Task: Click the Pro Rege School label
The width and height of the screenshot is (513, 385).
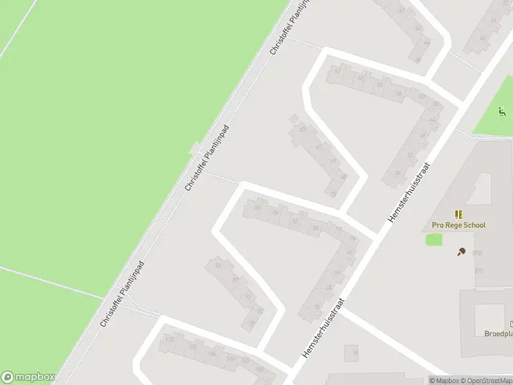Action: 458,225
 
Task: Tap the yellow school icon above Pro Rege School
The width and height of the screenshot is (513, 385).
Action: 458,214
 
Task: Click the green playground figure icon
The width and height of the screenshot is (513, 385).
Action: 502,112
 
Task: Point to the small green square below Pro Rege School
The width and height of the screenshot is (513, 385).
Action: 434,239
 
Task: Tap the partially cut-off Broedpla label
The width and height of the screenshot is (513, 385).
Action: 498,334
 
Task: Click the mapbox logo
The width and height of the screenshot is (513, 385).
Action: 28,377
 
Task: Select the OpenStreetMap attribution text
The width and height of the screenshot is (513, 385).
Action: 487,381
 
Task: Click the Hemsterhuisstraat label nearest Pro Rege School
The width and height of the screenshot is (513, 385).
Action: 408,193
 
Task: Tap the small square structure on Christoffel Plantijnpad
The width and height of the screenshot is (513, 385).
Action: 195,150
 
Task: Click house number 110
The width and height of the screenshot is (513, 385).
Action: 170,339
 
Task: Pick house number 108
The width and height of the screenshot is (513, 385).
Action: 192,347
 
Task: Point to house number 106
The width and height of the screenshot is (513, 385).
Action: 212,354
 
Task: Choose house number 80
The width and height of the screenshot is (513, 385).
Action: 315,228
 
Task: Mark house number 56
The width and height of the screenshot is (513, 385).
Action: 398,94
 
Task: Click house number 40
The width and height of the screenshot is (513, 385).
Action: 483,38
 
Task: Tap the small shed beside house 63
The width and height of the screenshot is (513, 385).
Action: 294,118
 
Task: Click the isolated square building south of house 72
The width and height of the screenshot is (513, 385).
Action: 351,353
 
